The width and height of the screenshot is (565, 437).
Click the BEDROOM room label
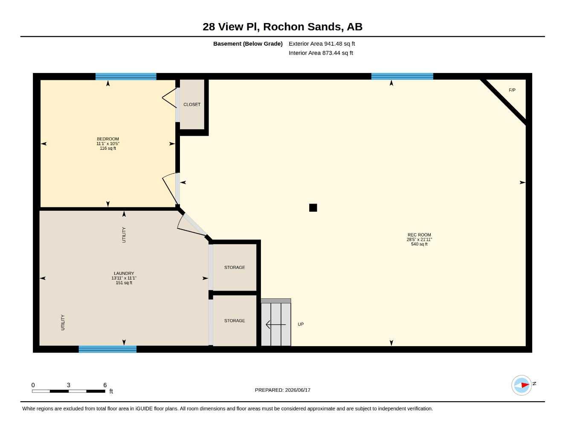(x=107, y=139)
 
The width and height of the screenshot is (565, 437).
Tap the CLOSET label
(x=192, y=105)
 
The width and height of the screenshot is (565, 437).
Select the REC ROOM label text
(x=419, y=235)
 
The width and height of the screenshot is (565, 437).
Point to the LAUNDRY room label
(x=124, y=274)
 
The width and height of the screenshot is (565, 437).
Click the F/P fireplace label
(x=512, y=90)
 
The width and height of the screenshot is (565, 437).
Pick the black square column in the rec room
(x=313, y=207)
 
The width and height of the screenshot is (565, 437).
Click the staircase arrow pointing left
(x=275, y=325)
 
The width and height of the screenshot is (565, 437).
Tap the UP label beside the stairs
(x=301, y=324)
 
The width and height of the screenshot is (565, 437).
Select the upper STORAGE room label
(x=235, y=268)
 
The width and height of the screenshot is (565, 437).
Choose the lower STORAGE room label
(x=235, y=321)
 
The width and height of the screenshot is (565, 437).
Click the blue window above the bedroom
(x=126, y=76)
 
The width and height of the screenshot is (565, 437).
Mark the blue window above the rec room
(x=402, y=76)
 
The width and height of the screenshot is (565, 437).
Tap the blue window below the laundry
(x=107, y=349)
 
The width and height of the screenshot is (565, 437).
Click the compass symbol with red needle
(x=522, y=385)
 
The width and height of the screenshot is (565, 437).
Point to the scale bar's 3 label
(x=68, y=385)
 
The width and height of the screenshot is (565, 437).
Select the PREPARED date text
(x=283, y=390)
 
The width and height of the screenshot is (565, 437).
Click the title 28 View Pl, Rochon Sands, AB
(x=282, y=27)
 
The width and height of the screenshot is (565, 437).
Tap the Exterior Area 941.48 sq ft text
(x=322, y=44)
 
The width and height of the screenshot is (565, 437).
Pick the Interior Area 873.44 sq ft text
(x=321, y=53)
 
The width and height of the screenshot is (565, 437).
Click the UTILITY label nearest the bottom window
(x=63, y=323)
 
